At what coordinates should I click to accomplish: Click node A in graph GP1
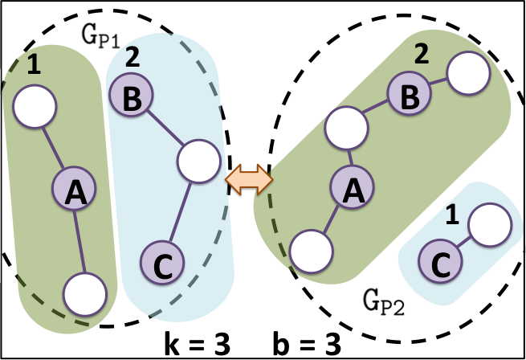click(75, 190)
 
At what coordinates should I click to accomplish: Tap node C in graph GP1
click(162, 261)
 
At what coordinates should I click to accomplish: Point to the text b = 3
click(304, 343)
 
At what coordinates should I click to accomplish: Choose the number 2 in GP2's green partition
click(418, 55)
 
